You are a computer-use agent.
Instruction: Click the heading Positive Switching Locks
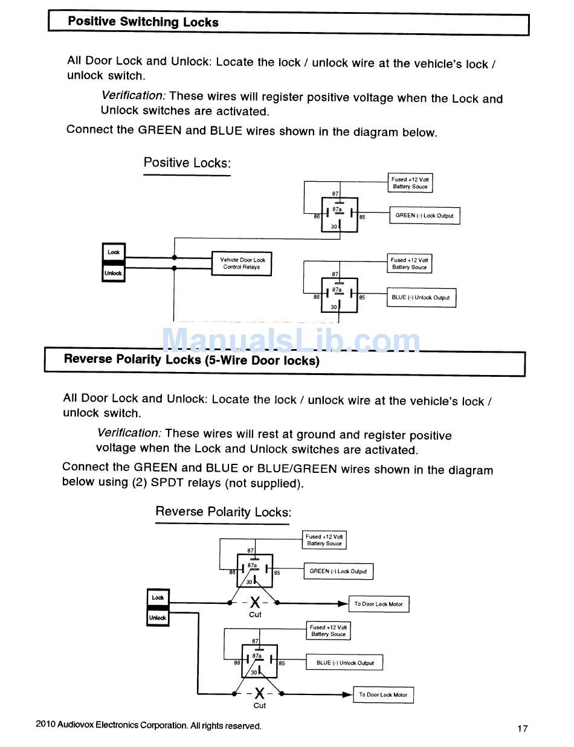(143, 22)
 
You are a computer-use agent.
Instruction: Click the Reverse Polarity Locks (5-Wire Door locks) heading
(192, 360)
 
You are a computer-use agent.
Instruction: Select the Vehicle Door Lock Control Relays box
(241, 263)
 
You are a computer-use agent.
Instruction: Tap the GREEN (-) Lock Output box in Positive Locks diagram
(424, 216)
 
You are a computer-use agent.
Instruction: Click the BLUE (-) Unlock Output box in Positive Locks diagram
(421, 298)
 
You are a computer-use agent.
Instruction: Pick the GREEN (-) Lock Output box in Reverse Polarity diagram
(338, 571)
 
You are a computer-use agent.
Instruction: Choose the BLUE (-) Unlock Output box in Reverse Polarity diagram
(344, 662)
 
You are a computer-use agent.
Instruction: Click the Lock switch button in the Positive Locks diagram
(114, 252)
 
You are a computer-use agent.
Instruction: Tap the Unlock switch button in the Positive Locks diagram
(114, 273)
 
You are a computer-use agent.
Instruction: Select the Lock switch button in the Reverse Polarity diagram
(158, 597)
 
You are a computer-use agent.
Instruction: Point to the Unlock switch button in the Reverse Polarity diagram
(158, 618)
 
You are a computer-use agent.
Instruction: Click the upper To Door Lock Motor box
(378, 604)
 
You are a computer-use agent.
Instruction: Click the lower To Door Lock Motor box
(383, 695)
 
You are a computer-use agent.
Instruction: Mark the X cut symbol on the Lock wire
(255, 603)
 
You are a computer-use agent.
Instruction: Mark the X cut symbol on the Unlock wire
(259, 693)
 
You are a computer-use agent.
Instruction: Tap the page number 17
(522, 728)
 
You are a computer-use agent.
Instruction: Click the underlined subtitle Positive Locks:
(187, 162)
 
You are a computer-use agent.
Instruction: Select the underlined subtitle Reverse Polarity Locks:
(223, 512)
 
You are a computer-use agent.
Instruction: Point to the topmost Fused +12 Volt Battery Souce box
(410, 183)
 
